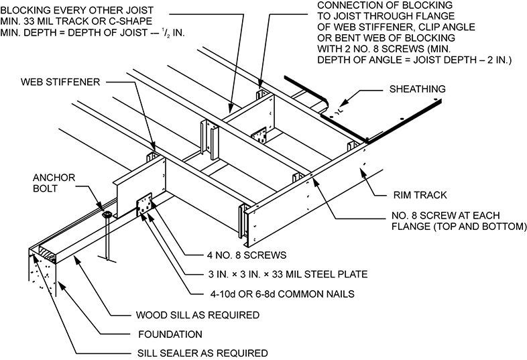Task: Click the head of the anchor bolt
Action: click(x=107, y=215)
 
